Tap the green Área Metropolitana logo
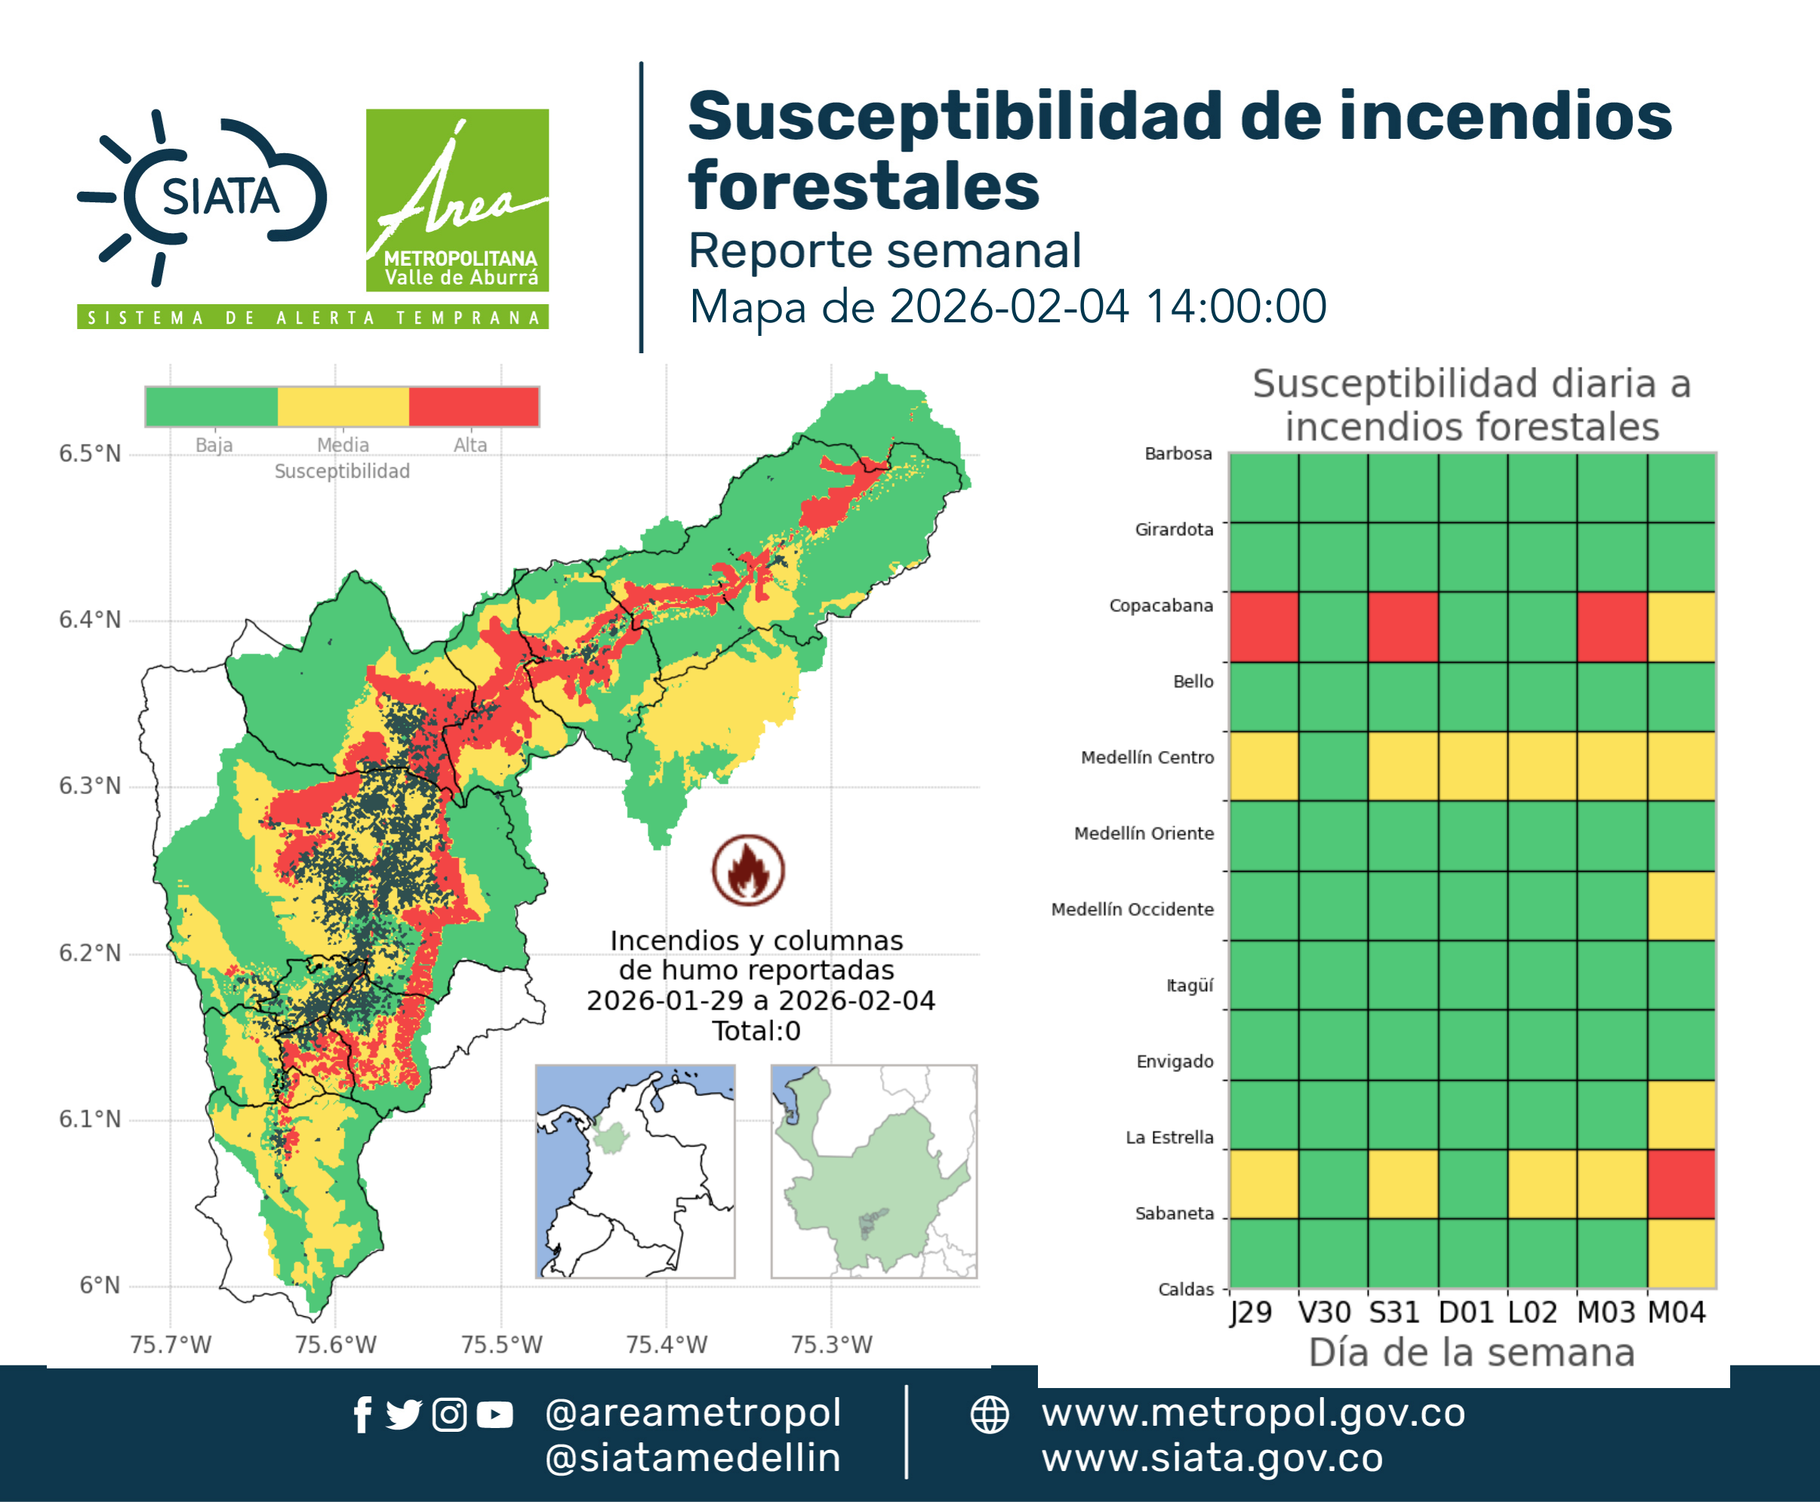(x=457, y=200)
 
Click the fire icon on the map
(x=749, y=869)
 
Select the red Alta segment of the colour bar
(x=473, y=407)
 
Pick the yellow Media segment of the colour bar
(x=343, y=407)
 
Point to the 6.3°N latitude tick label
(x=90, y=786)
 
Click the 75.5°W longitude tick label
(x=501, y=1344)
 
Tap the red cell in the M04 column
(x=1680, y=1183)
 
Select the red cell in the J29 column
(x=1264, y=627)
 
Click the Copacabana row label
(x=1162, y=605)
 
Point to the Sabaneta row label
(x=1175, y=1213)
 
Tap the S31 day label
(x=1394, y=1313)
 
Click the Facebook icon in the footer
(x=362, y=1414)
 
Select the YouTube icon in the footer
(x=494, y=1414)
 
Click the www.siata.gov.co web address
(x=1212, y=1458)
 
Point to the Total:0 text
(x=756, y=1030)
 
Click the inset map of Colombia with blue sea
(x=635, y=1171)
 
